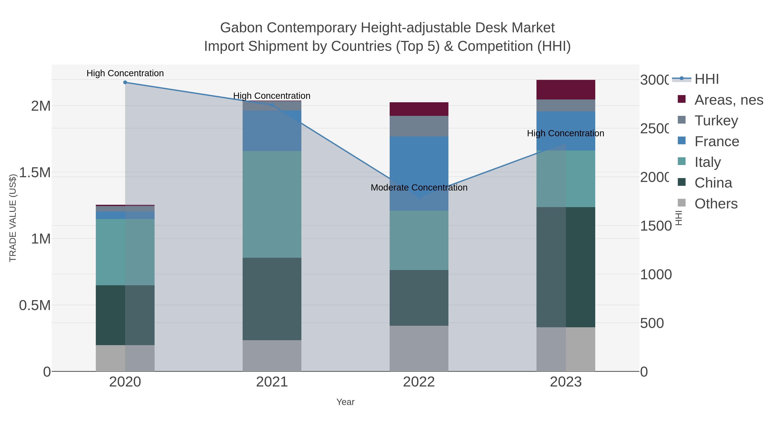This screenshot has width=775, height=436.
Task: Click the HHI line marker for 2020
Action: click(125, 82)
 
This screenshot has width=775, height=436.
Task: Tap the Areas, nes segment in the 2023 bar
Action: click(566, 90)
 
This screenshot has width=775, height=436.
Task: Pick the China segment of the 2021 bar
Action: click(272, 299)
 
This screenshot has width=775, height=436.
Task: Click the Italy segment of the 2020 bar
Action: click(125, 252)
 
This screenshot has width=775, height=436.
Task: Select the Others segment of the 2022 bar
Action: click(419, 348)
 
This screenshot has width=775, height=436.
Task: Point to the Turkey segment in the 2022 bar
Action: click(419, 126)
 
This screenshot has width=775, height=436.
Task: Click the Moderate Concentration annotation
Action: click(419, 188)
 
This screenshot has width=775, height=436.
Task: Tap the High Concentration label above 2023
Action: click(565, 133)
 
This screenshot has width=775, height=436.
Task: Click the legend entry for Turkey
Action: click(716, 121)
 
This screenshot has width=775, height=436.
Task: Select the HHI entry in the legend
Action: click(706, 79)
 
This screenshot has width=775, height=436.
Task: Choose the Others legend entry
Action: click(716, 204)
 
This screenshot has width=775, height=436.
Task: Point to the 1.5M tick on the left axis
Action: click(35, 172)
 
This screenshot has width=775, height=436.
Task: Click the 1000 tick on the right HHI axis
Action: click(656, 275)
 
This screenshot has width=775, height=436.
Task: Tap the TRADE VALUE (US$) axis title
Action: click(13, 218)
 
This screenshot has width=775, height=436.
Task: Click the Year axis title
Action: click(345, 402)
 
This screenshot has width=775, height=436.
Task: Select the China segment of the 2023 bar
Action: click(566, 267)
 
